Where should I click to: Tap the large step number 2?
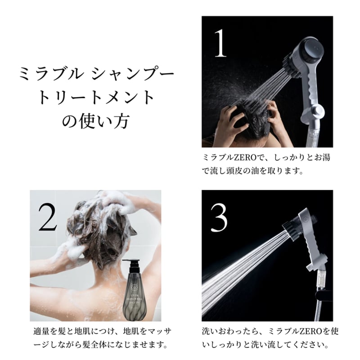(48, 216)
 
